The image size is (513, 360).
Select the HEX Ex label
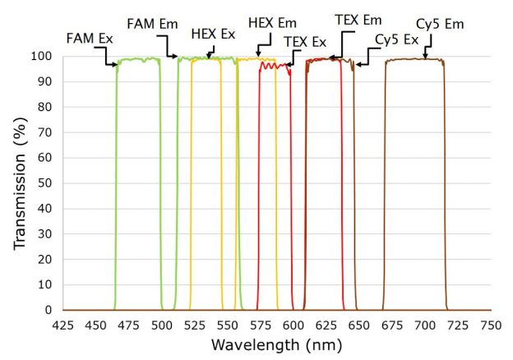[212, 35]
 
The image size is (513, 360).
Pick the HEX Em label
[272, 23]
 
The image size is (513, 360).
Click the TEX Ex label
[305, 41]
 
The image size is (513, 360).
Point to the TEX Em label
[358, 18]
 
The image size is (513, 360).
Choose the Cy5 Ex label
[396, 39]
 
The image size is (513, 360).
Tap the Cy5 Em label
[441, 24]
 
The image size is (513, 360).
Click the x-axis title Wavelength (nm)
[276, 345]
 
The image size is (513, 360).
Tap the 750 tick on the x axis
[492, 325]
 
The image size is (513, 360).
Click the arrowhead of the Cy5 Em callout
[426, 58]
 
